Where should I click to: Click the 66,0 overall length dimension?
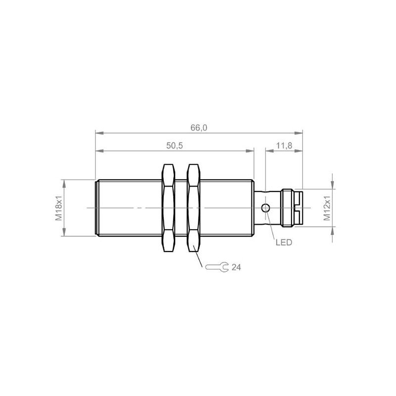199,128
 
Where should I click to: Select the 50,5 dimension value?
175,146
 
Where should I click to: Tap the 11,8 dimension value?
284,146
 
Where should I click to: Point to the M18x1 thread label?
58,208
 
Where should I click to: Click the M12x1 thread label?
327,208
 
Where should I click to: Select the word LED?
284,243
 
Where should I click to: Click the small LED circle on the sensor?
265,208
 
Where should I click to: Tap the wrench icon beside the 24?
217,267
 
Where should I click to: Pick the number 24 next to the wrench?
237,267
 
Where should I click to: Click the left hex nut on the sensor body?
168,208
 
